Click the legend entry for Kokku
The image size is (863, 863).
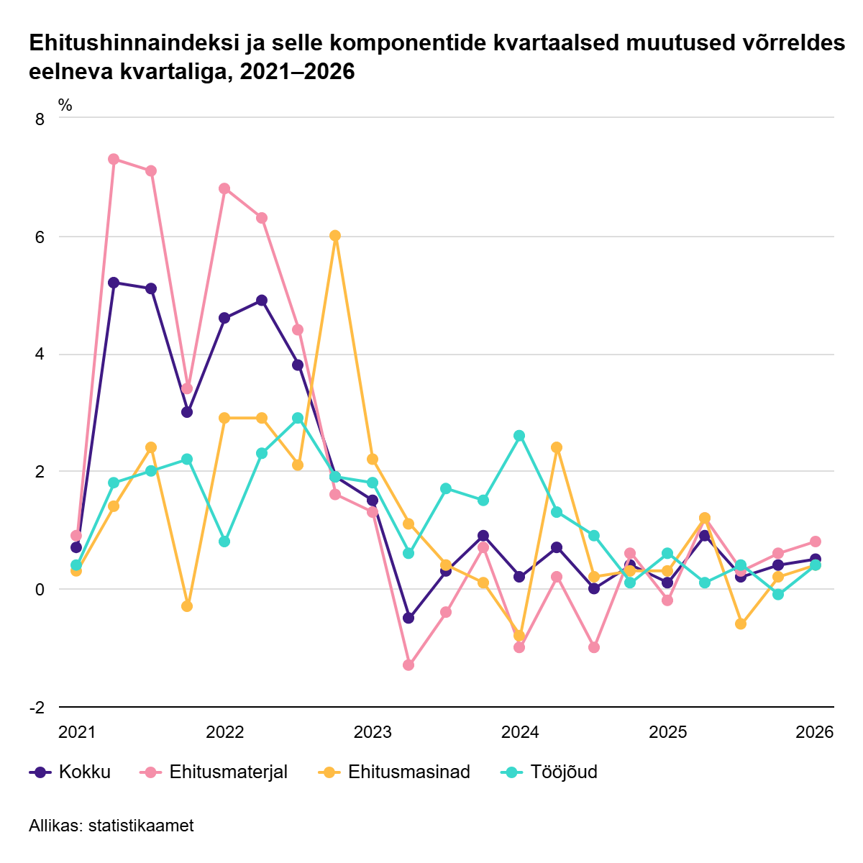(x=70, y=772)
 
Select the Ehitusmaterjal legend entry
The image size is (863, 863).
(x=214, y=772)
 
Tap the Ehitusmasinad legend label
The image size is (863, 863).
(x=394, y=772)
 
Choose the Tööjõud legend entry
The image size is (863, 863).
(x=549, y=772)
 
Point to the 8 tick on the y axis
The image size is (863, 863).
(x=40, y=119)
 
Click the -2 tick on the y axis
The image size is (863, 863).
(x=37, y=708)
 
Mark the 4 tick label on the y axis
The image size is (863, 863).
(x=40, y=355)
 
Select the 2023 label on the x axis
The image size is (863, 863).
(x=373, y=733)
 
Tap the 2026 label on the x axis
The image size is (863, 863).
(x=814, y=733)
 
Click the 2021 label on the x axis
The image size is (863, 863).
(x=76, y=733)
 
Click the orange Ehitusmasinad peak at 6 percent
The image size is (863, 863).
(x=335, y=236)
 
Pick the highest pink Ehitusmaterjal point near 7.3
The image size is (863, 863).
(x=114, y=159)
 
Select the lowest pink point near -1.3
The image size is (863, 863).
(x=408, y=665)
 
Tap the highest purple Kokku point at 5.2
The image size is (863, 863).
(x=114, y=283)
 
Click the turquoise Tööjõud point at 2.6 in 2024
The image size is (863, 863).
(x=519, y=436)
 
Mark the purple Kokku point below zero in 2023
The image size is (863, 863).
(x=408, y=618)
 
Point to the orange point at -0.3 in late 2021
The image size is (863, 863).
(x=187, y=606)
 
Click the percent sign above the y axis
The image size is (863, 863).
(x=65, y=106)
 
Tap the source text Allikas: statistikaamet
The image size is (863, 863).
(x=111, y=826)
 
